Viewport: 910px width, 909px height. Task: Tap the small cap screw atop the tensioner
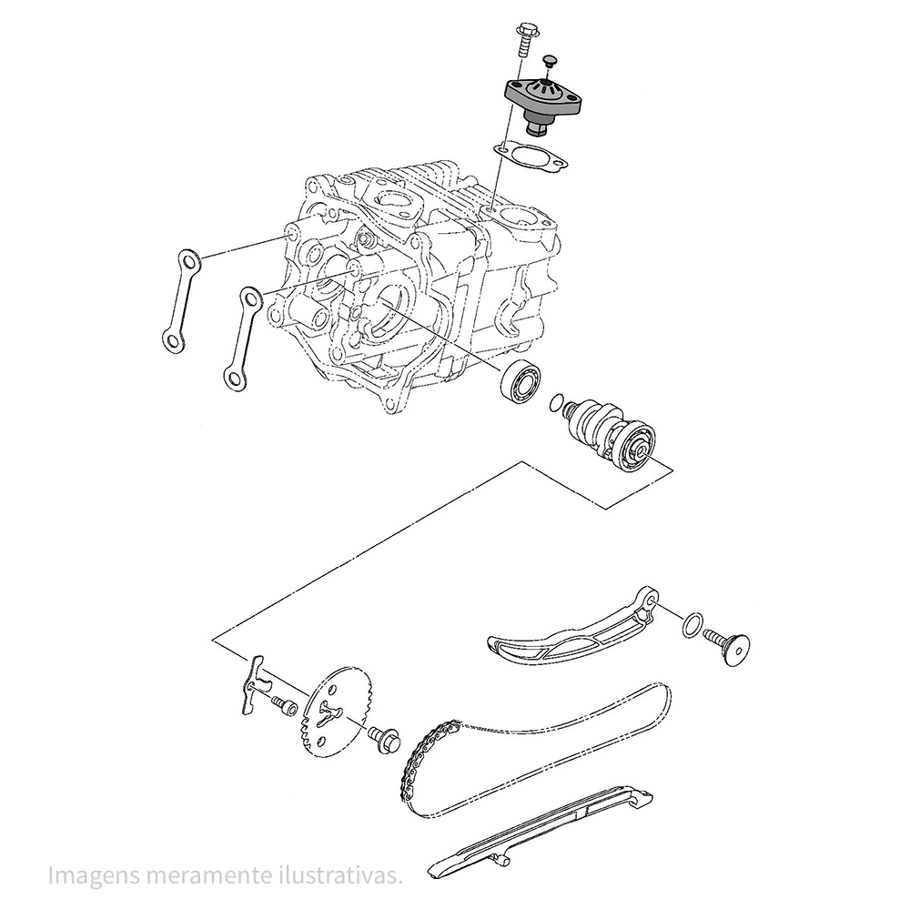coord(548,62)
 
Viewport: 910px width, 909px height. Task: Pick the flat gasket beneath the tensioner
coord(531,157)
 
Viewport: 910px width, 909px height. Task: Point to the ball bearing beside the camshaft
coord(521,379)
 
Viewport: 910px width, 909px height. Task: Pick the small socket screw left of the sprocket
coord(284,705)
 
